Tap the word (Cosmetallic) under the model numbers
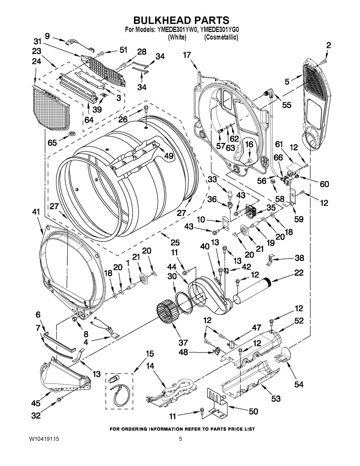click(x=221, y=37)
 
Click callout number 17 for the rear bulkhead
click(x=187, y=55)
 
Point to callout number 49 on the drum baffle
click(x=168, y=156)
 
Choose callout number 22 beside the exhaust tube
click(x=299, y=273)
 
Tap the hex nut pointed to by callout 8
click(x=75, y=319)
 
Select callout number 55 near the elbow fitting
click(x=287, y=105)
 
